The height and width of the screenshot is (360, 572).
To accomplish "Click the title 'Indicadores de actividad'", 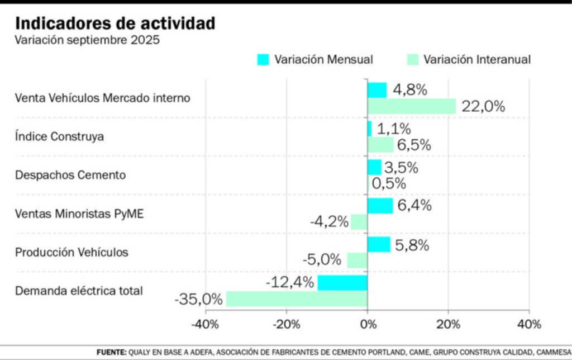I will [x=115, y=23].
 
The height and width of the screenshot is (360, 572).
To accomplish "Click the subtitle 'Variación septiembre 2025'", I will [x=87, y=41].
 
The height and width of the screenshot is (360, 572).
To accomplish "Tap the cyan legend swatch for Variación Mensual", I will [x=263, y=60].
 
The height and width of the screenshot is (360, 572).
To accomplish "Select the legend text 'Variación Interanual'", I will [x=477, y=60].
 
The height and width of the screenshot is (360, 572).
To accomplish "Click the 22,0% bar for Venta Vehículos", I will [x=412, y=106].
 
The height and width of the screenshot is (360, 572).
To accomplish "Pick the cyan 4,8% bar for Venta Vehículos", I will [x=377, y=90].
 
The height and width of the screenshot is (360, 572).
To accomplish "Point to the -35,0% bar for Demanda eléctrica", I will [x=297, y=299].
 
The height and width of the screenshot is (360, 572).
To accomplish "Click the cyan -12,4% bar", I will [x=342, y=282].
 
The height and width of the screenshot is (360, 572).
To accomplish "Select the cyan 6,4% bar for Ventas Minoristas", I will [x=380, y=206].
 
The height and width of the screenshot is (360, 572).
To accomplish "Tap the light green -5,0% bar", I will [x=357, y=260].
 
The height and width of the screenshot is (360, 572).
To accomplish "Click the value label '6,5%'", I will [x=414, y=145].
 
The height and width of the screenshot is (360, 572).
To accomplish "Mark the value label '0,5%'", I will [x=389, y=183].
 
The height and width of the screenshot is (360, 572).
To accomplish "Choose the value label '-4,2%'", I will [x=329, y=222].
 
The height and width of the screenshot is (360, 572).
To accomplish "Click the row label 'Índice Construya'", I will [x=59, y=136].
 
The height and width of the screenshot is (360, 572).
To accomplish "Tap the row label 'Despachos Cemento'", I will [x=70, y=175].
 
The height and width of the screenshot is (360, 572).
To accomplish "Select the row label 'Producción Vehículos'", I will [x=71, y=252].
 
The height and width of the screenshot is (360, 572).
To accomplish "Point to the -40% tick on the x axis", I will [x=205, y=324].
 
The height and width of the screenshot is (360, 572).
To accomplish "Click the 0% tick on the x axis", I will [x=368, y=324].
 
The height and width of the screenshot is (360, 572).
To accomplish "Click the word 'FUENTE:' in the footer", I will [x=111, y=352].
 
